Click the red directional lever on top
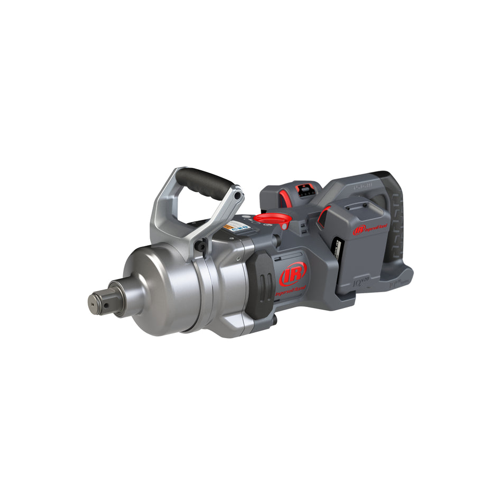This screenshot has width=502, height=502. (x=271, y=218)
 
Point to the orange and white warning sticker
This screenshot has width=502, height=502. (x=229, y=226)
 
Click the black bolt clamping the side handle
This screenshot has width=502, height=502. (x=200, y=246)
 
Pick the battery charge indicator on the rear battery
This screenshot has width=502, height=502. (x=303, y=189)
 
